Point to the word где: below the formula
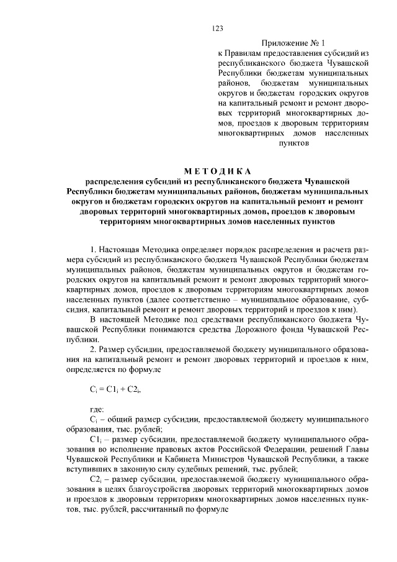(x=97, y=409)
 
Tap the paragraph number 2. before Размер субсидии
(x=93, y=350)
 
